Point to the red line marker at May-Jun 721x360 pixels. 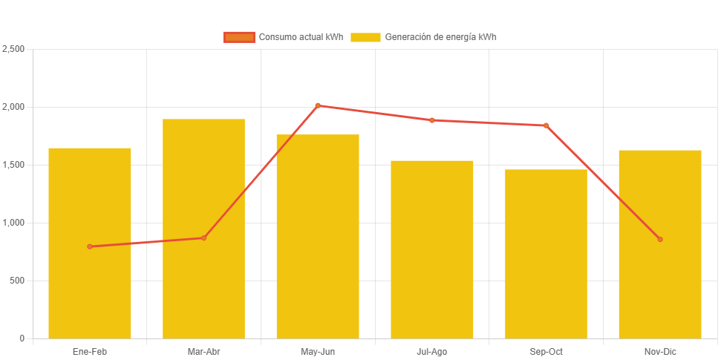tap(318, 105)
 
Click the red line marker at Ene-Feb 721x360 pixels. tap(90, 246)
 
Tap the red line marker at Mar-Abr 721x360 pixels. tap(203, 238)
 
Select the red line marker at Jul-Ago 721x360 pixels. tap(432, 120)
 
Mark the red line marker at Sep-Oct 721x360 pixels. tap(546, 125)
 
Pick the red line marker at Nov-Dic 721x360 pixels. tap(660, 239)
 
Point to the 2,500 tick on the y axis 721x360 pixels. tap(13, 49)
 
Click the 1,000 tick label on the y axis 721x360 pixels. tap(13, 223)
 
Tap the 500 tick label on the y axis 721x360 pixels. tap(17, 281)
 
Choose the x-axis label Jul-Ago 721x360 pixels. tap(432, 352)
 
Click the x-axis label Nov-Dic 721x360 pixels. tap(660, 352)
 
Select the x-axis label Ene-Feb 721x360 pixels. tap(90, 352)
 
